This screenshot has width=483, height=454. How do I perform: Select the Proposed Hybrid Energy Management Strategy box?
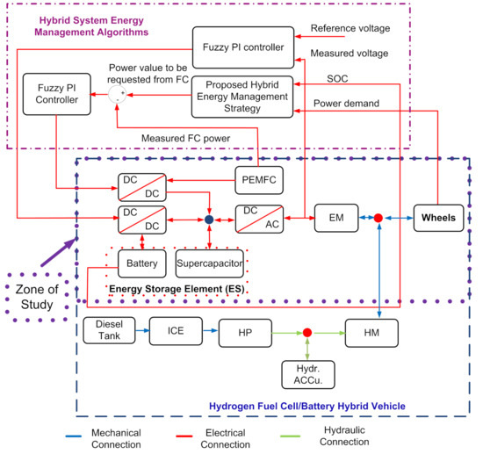coord(241,97)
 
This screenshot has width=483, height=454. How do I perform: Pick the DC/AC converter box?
coord(261,216)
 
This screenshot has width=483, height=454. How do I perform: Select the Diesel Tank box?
coord(109,331)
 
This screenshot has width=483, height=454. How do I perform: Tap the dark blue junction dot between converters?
coord(209,217)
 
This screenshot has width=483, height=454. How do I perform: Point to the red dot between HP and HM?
coord(307,333)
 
